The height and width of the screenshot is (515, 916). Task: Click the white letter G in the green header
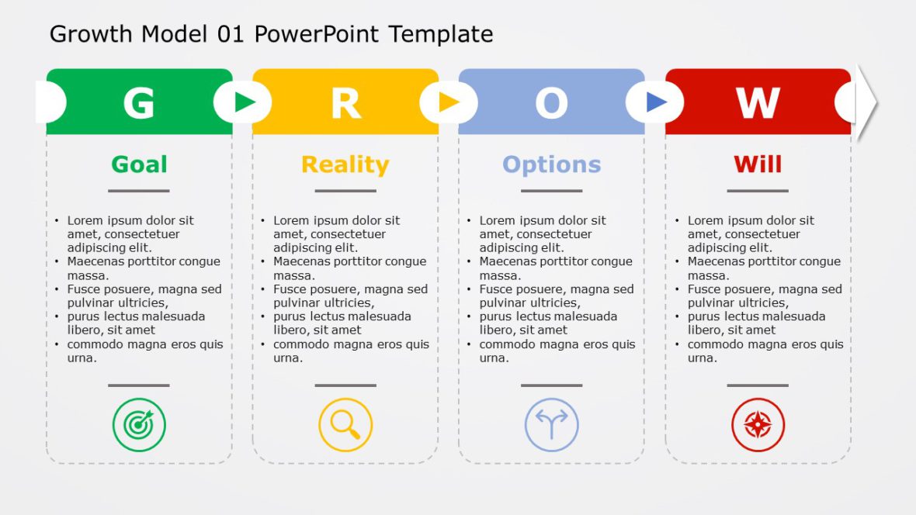click(139, 103)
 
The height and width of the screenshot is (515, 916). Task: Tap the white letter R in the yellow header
click(345, 103)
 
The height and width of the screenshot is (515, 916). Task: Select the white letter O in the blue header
click(551, 103)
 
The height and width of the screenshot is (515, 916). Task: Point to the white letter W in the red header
click(758, 103)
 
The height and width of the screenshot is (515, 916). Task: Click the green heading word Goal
click(139, 164)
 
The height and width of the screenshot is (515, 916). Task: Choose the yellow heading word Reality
click(345, 164)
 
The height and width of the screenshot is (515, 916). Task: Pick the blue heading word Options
click(551, 164)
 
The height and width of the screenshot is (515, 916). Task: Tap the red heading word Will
click(758, 164)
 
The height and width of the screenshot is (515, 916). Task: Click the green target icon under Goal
click(139, 424)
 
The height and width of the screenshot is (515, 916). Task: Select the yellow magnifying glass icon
click(345, 424)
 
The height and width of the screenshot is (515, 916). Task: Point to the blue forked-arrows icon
click(551, 424)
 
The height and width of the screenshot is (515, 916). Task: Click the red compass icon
click(758, 424)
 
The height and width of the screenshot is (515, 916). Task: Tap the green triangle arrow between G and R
click(245, 102)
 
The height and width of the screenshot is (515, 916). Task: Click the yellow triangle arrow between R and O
click(449, 102)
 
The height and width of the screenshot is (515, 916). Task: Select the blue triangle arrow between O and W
click(656, 102)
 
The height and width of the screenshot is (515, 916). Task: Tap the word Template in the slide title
click(440, 34)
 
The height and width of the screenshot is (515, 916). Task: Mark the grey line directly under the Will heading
click(758, 191)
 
